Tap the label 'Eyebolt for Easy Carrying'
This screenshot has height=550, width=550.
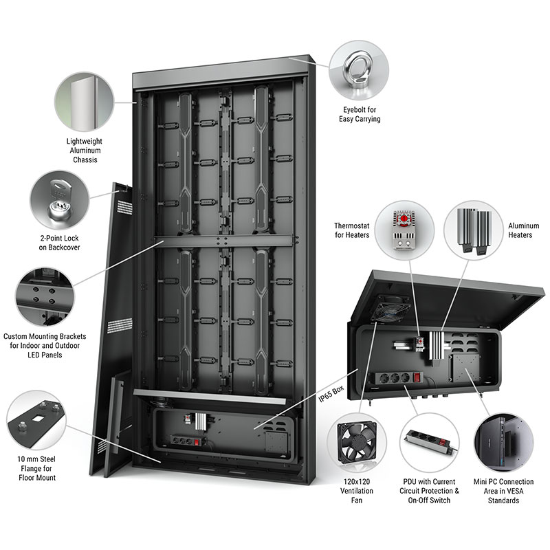click(x=360, y=114)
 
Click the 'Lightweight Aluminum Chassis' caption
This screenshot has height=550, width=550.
click(x=85, y=151)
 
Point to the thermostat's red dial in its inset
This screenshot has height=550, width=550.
click(x=404, y=219)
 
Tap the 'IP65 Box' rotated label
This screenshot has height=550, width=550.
click(x=331, y=393)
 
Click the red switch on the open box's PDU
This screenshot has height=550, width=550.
click(x=417, y=377)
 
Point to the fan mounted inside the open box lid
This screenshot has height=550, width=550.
click(x=390, y=307)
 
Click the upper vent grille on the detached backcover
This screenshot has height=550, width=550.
click(x=124, y=207)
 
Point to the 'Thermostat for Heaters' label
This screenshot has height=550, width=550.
click(x=352, y=230)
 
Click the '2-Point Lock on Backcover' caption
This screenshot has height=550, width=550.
click(x=59, y=243)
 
